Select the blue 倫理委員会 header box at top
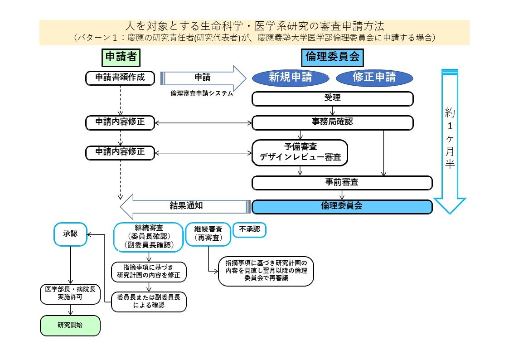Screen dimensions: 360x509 (332, 57)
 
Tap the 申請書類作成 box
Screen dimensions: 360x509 (120, 78)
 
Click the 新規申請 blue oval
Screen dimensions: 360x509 (290, 78)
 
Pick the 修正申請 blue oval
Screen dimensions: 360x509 (374, 78)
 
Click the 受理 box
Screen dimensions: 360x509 (333, 98)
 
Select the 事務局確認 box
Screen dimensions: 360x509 (333, 122)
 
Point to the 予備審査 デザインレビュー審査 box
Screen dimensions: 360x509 (300, 152)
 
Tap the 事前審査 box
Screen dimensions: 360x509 (342, 183)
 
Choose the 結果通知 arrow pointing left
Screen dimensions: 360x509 (186, 206)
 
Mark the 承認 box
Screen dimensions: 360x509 (70, 234)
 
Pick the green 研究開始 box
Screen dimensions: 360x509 (70, 325)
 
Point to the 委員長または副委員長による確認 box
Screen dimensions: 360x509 (149, 302)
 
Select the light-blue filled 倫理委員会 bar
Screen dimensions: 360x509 (342, 206)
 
